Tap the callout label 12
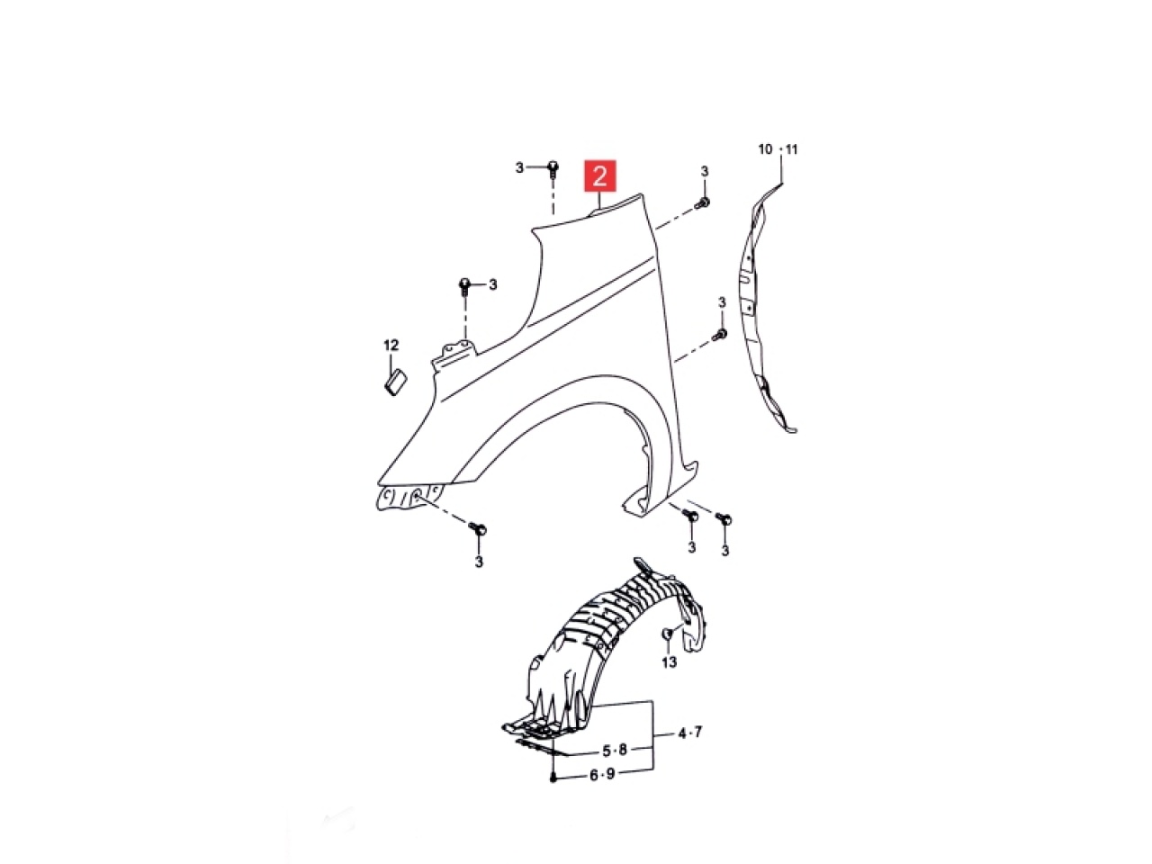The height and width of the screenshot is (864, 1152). pyautogui.click(x=391, y=345)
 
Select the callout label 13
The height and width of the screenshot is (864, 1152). pyautogui.click(x=669, y=662)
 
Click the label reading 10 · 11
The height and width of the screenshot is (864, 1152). pyautogui.click(x=778, y=149)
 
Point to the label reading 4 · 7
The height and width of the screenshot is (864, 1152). pyautogui.click(x=689, y=733)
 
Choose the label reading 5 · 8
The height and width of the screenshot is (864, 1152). pyautogui.click(x=615, y=750)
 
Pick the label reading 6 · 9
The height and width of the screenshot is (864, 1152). pyautogui.click(x=602, y=774)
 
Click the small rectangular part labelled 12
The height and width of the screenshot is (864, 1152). pyautogui.click(x=394, y=382)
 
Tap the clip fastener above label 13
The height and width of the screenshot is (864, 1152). pyautogui.click(x=668, y=635)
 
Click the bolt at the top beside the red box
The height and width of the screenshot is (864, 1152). pyautogui.click(x=553, y=167)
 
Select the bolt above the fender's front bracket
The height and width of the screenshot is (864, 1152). pyautogui.click(x=464, y=286)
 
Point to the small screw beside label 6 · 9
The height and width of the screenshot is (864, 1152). pyautogui.click(x=552, y=777)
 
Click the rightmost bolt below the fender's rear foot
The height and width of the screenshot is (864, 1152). pyautogui.click(x=724, y=519)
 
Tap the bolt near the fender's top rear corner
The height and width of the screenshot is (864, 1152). pyautogui.click(x=704, y=203)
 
